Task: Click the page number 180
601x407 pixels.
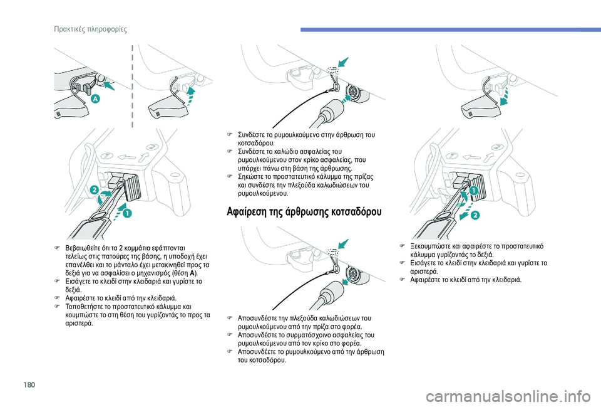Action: (29, 384)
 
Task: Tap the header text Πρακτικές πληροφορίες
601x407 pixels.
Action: (90, 29)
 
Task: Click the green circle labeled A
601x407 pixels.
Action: (95, 99)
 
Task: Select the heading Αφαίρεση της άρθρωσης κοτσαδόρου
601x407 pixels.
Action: (304, 211)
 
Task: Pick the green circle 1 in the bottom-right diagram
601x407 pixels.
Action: (474, 190)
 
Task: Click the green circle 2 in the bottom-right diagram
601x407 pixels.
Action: (475, 215)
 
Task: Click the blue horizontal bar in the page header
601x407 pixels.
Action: (451, 29)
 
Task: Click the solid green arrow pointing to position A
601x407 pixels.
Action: (109, 85)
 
